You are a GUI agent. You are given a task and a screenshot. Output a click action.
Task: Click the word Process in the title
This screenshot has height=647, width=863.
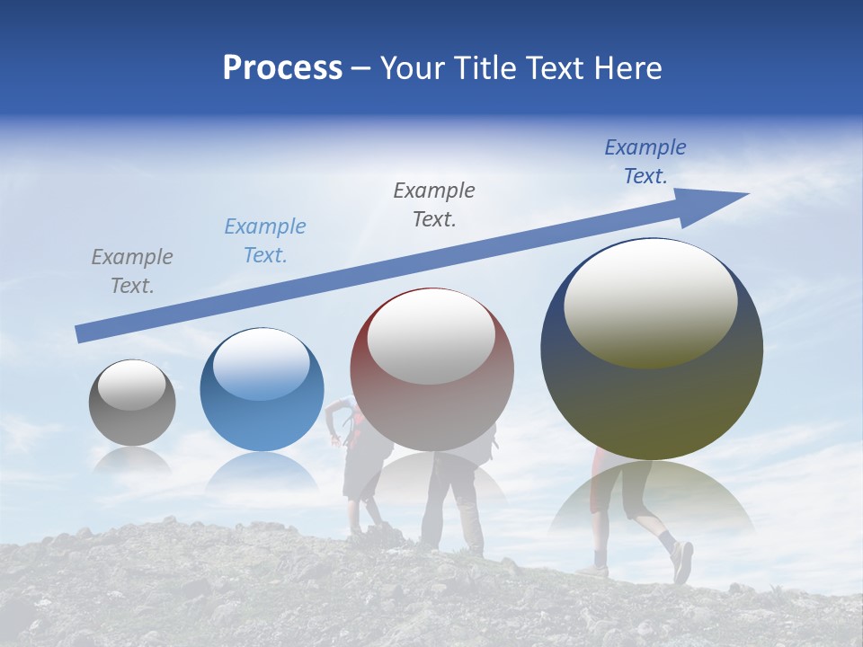click(x=282, y=68)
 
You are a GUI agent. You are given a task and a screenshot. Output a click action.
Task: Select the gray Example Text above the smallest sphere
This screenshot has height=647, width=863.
click(x=132, y=271)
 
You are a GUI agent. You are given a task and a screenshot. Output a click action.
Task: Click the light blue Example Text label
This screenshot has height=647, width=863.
click(x=265, y=241)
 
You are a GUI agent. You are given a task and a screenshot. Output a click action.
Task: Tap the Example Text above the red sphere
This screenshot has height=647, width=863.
click(x=434, y=205)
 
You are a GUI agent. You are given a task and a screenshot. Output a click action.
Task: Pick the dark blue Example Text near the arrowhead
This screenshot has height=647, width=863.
click(x=645, y=162)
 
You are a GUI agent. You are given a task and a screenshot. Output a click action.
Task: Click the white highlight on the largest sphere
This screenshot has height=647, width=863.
click(x=651, y=304)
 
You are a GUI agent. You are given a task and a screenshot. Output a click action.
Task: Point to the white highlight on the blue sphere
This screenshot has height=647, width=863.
click(x=262, y=364)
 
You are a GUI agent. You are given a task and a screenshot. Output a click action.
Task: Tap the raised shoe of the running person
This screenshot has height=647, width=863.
click(x=682, y=561)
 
